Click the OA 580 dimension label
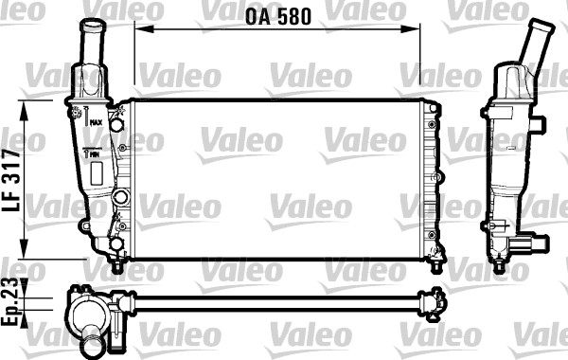click(x=278, y=17)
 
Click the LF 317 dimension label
click(x=11, y=180)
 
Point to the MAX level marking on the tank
click(x=96, y=122)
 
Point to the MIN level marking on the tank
click(x=95, y=154)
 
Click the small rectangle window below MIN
click(x=97, y=173)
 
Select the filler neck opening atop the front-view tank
click(x=93, y=27)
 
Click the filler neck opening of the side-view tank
click(x=541, y=27)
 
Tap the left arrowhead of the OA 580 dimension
click(x=144, y=29)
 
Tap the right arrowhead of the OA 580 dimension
click(x=411, y=29)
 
